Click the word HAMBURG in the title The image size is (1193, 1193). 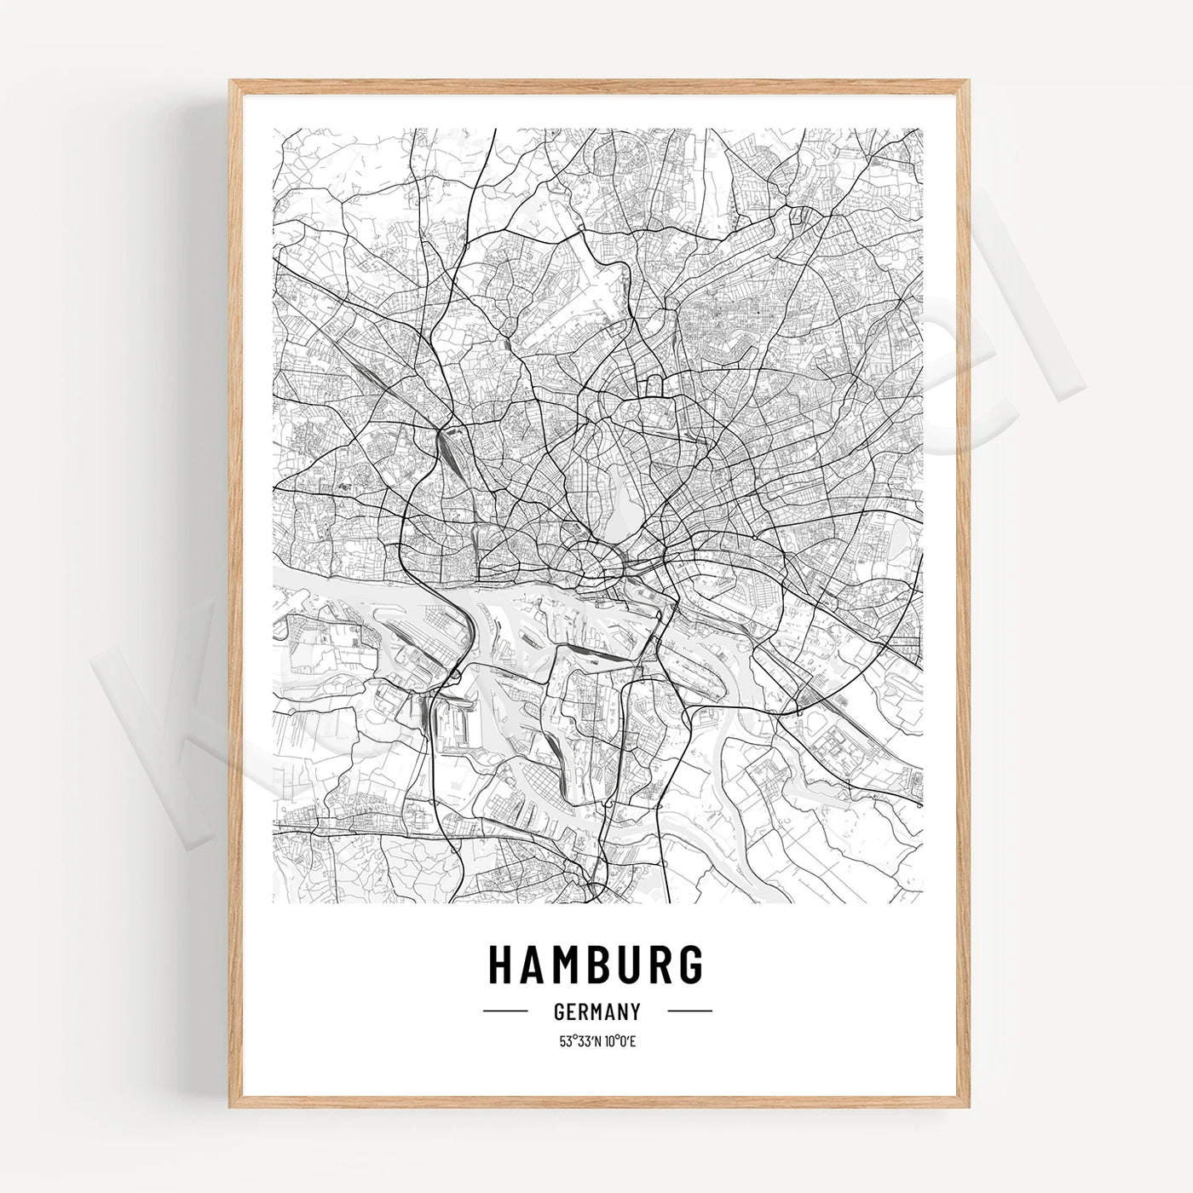tap(596, 963)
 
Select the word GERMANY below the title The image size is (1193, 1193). tap(596, 1011)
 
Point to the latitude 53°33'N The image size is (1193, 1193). tap(576, 1040)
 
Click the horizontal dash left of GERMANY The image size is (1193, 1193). tap(505, 1011)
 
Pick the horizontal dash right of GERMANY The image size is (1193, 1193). tap(689, 1011)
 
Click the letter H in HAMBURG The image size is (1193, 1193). tap(499, 963)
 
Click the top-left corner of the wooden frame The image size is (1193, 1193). tap(230, 81)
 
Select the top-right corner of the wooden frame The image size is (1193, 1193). tap(968, 81)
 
